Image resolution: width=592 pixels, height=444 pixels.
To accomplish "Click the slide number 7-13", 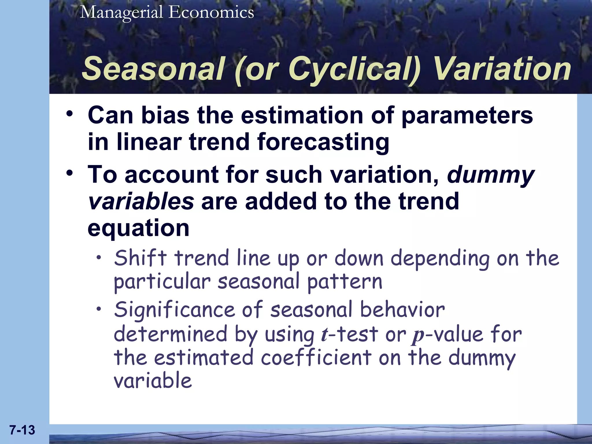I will point(22,430).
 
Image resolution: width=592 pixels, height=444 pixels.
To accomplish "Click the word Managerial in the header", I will point(122,13).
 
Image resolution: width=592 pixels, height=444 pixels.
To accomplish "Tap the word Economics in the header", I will point(211,12).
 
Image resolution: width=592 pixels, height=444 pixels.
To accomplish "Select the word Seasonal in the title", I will point(153,69).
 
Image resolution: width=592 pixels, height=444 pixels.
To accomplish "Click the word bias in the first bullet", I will point(165,115).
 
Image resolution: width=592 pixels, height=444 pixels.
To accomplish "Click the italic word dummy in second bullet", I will point(491,175).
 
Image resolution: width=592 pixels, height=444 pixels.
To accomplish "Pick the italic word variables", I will point(141,201).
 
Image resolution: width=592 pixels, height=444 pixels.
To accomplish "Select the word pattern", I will point(345,282).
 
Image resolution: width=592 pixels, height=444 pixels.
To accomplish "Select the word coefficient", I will point(316,358).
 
